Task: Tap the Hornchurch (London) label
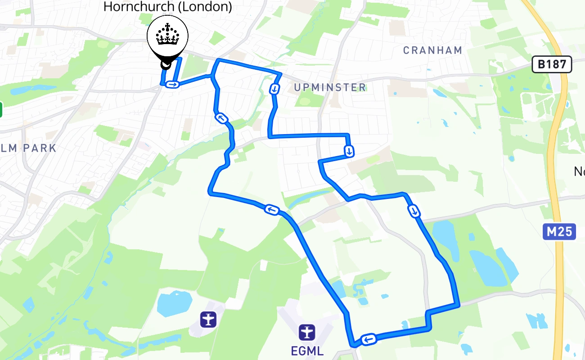click(167, 7)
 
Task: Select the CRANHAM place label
click(432, 50)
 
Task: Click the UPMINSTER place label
click(330, 87)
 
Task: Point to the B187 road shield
click(552, 64)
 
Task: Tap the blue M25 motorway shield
click(559, 232)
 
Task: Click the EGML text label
click(307, 351)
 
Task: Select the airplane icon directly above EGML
click(307, 333)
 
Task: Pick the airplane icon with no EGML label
click(208, 319)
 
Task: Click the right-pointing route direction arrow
click(172, 84)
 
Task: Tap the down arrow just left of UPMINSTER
click(274, 89)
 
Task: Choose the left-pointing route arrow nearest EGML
click(369, 339)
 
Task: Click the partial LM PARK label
click(30, 148)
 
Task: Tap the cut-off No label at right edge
click(579, 171)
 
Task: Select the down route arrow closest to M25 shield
click(414, 211)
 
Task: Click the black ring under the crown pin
click(166, 65)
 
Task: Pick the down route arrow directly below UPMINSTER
click(349, 151)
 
